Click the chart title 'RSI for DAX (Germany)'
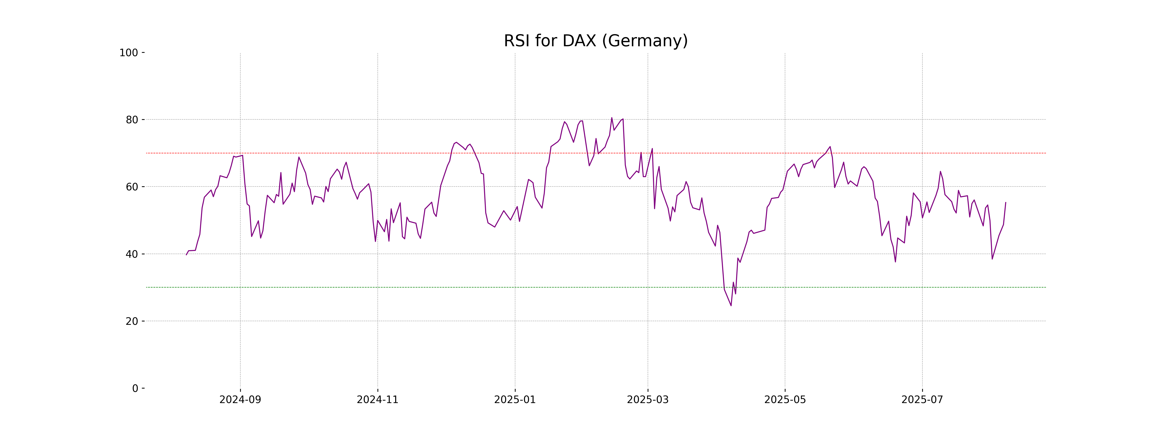click(596, 41)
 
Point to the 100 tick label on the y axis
click(129, 53)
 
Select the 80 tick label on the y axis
click(132, 120)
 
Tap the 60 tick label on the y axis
click(132, 187)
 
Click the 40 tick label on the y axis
click(132, 254)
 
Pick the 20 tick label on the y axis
click(132, 321)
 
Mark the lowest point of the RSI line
click(731, 305)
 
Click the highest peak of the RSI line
click(612, 118)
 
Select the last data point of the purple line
click(1006, 202)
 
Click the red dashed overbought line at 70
click(451, 153)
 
